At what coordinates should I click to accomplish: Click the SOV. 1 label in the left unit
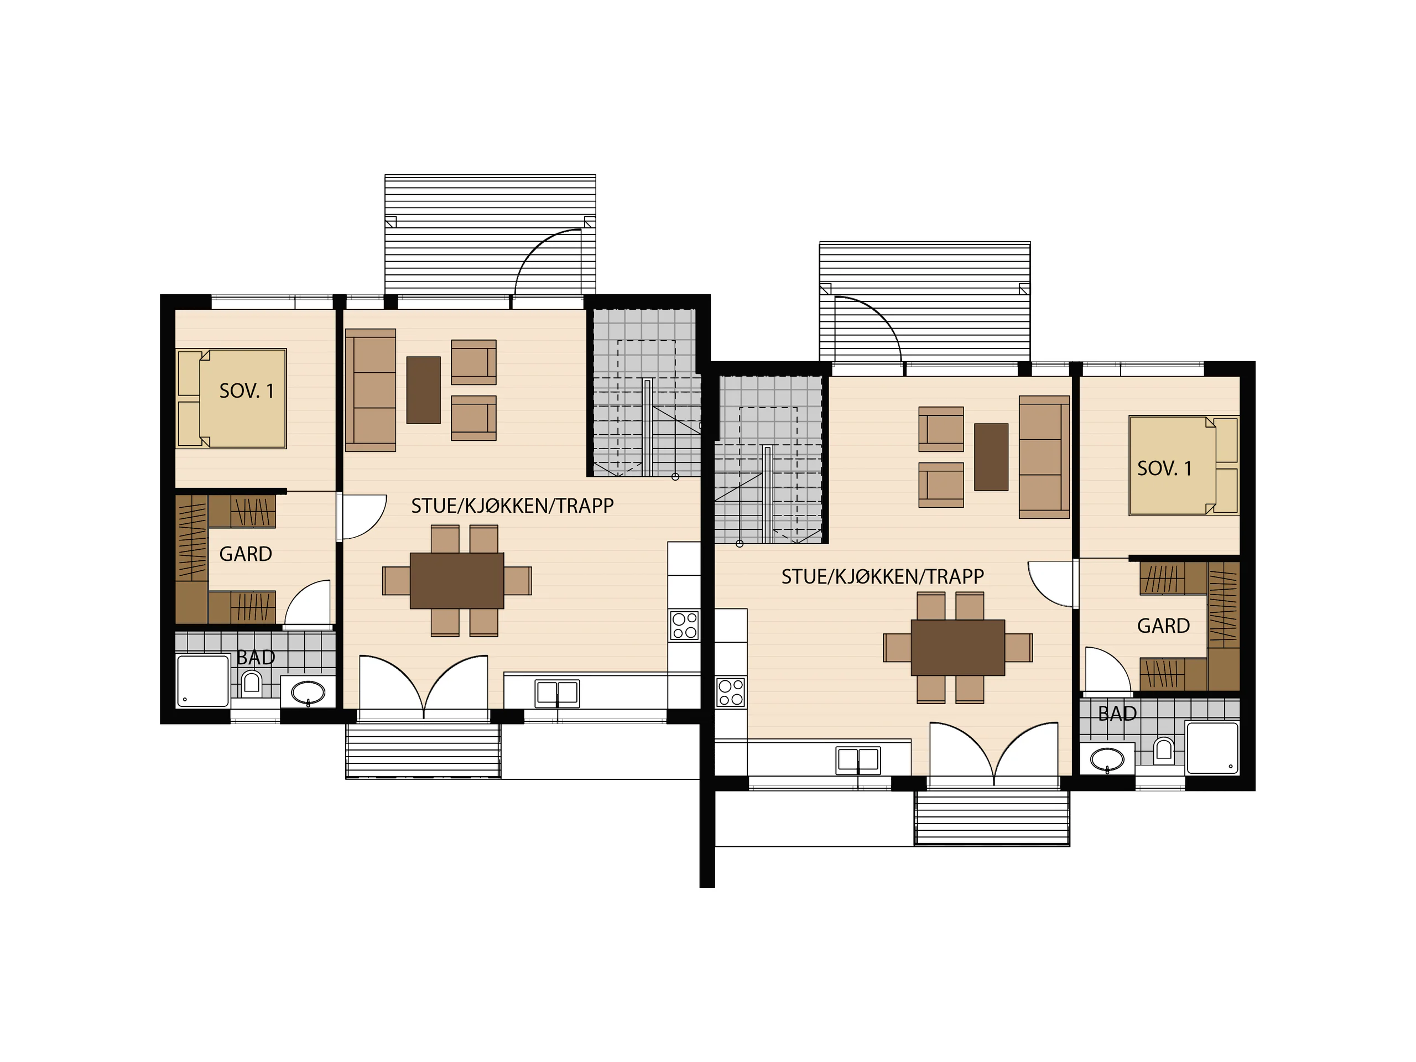pos(247,391)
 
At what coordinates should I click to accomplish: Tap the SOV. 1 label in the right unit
pos(1164,468)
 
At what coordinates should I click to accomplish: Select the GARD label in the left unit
pos(246,554)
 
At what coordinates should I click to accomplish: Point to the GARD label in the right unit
pos(1163,626)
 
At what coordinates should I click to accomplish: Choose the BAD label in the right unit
pos(1117,713)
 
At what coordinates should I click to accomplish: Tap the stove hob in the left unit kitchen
pos(684,626)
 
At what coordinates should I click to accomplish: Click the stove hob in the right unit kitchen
pos(731,692)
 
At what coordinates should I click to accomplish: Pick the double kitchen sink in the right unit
pos(858,761)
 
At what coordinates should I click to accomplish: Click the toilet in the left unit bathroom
pos(251,683)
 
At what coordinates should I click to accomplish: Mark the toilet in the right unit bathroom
pos(1163,751)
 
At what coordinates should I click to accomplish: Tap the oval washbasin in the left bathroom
pos(308,692)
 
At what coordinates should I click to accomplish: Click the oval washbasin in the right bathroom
pos(1107,760)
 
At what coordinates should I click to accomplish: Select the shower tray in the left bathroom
pos(202,680)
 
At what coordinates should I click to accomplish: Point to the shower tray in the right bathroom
pos(1212,748)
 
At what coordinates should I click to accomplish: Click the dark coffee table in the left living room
pos(423,390)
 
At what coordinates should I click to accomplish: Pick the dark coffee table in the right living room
pos(991,457)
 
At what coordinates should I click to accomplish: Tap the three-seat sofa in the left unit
pos(371,391)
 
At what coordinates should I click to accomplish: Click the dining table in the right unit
pos(957,647)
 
